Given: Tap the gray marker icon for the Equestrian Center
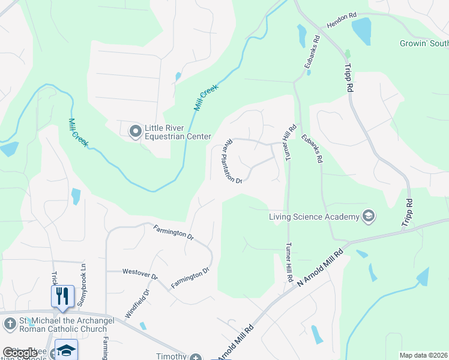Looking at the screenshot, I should pos(135,129).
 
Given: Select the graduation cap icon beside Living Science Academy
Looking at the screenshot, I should pos(368,216).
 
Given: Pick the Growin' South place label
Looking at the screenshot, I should pos(424,43).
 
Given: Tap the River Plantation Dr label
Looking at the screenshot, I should pos(232,161).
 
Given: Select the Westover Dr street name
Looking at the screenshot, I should pos(139,274).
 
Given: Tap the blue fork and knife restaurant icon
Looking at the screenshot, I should pos(62,296).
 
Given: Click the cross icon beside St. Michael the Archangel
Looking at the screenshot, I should pos(10,323).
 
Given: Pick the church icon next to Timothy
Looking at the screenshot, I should pos(195,357).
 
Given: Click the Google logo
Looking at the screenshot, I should pos(20,353).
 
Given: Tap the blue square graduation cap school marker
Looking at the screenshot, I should pos(66,350).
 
